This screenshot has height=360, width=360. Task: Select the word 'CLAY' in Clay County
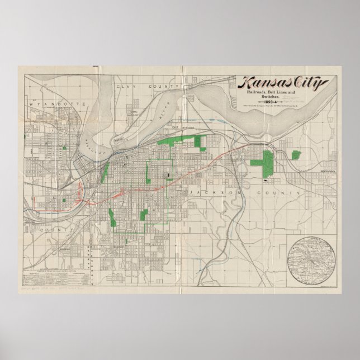pos(122,87)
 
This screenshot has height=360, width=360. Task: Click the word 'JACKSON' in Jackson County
pos(211,192)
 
